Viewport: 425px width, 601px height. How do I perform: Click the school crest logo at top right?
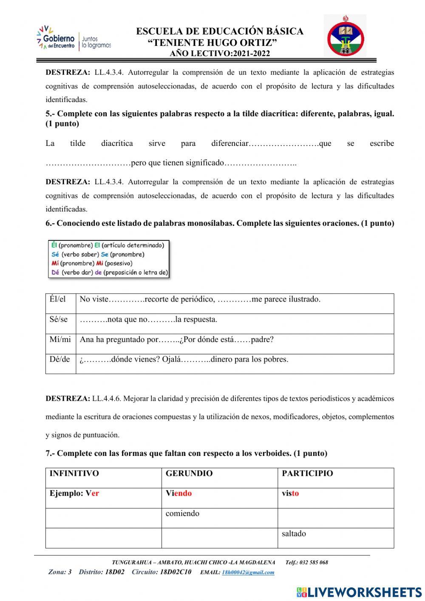coord(345,36)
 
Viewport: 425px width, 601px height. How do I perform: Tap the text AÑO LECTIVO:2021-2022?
coord(220,54)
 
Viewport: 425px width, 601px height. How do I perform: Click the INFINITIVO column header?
coord(74,473)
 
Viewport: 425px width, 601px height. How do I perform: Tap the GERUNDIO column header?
coord(189,473)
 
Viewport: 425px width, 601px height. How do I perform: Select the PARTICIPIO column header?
coord(307,473)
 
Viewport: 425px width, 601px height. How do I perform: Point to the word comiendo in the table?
coord(182,513)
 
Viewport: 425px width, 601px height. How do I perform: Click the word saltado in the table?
coord(294,533)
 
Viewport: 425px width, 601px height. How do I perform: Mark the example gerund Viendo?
coord(178,493)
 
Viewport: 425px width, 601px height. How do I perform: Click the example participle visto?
coord(290,493)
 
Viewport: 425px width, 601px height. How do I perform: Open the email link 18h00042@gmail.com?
coord(248,573)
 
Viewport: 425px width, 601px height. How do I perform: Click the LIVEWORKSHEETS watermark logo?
coord(359,592)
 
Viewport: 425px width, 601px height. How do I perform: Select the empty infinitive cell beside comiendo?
coord(103,518)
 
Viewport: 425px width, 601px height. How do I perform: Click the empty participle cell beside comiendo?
coord(336,518)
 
